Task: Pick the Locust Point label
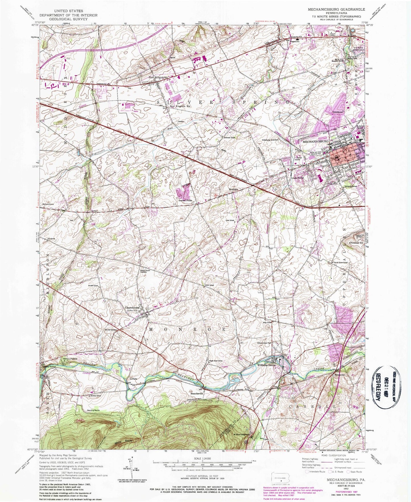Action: [x=185, y=200]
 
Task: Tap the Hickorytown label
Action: [x=48, y=204]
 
